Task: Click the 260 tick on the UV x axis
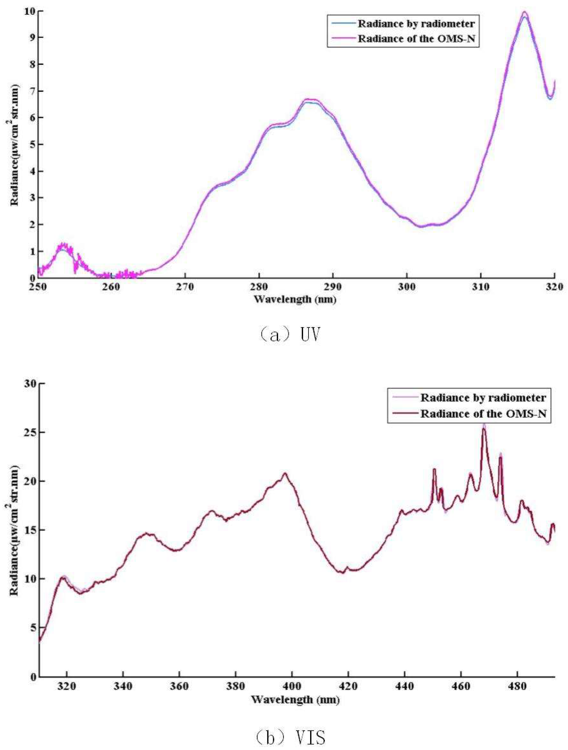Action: point(111,287)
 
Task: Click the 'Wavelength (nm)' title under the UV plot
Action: point(295,299)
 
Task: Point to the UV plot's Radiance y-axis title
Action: point(14,144)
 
